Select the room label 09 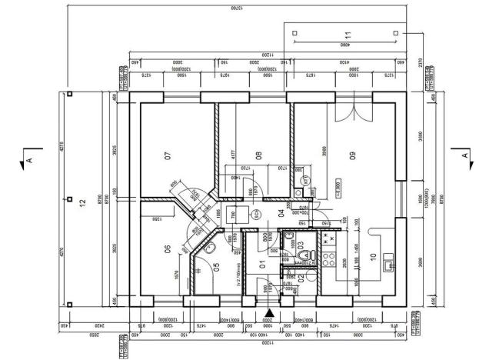pos(353,157)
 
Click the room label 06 pos(166,248)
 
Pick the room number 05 pos(216,268)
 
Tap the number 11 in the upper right pos(347,35)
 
